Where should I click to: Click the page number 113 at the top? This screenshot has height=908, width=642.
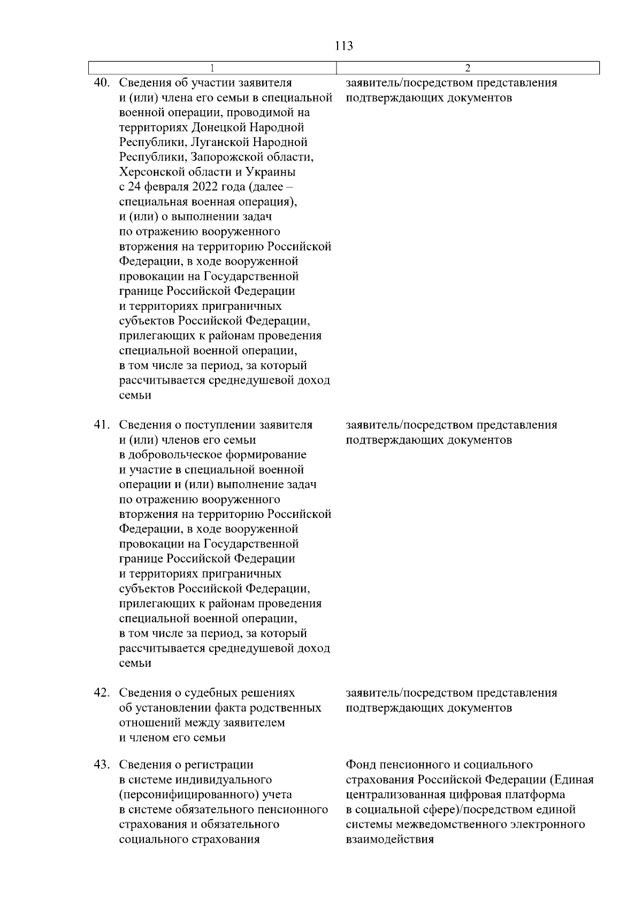344,46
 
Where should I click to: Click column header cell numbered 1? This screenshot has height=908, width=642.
212,68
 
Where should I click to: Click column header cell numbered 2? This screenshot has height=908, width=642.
468,68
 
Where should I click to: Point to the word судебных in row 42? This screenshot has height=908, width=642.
215,693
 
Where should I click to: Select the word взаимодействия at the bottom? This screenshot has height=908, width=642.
389,840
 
